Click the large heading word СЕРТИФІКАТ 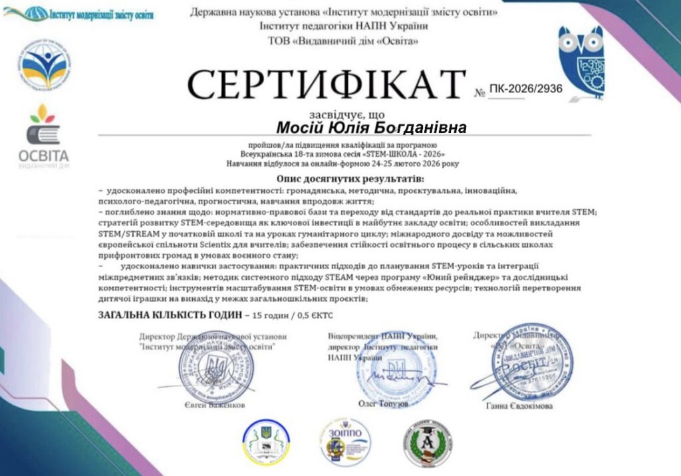pyautogui.click(x=327, y=84)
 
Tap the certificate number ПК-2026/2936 pyautogui.click(x=525, y=88)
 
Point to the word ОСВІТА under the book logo pyautogui.click(x=44, y=156)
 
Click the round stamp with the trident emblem pyautogui.click(x=215, y=366)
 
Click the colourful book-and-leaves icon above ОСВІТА pyautogui.click(x=43, y=124)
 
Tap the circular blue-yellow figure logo pyautogui.click(x=45, y=64)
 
